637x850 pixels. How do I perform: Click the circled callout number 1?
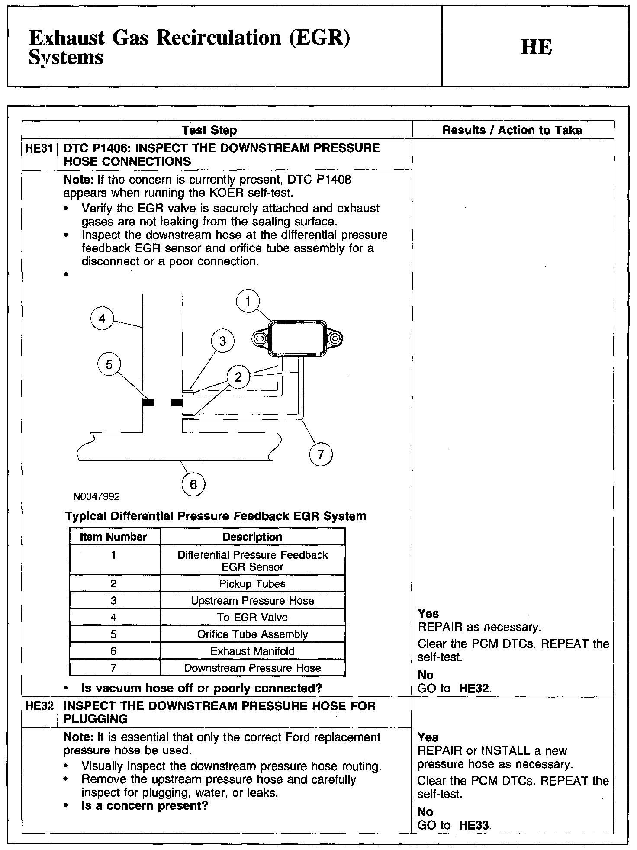click(x=248, y=301)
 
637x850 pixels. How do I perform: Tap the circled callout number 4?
click(x=102, y=319)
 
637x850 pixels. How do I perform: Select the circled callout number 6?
click(x=193, y=484)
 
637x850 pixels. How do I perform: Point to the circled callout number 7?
click(x=321, y=454)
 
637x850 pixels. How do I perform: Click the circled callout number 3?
click(x=223, y=341)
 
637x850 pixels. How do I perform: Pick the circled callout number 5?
click(x=109, y=364)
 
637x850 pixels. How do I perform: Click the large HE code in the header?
click(x=536, y=47)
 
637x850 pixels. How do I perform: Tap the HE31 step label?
click(x=39, y=148)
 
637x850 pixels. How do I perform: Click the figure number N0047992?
click(x=97, y=496)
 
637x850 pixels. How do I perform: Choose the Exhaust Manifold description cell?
click(x=252, y=651)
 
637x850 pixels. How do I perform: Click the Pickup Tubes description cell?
click(x=252, y=583)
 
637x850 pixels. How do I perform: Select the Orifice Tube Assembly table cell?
click(x=252, y=634)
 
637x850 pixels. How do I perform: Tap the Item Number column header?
click(x=113, y=537)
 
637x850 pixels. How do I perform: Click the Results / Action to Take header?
click(x=512, y=130)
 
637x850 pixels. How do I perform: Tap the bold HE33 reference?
click(x=474, y=825)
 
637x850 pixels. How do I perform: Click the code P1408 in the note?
click(x=334, y=180)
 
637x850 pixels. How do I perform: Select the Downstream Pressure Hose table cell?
click(x=252, y=668)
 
